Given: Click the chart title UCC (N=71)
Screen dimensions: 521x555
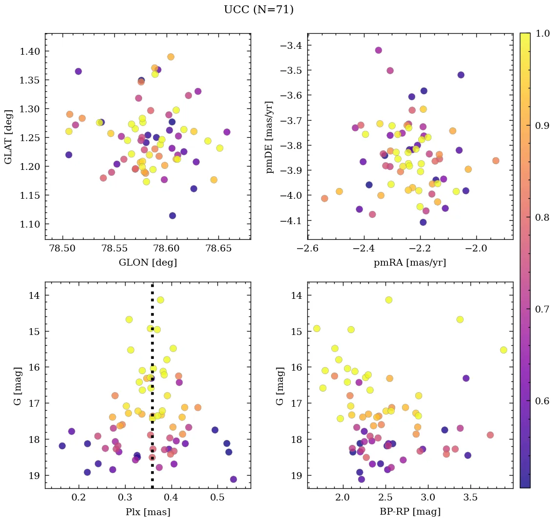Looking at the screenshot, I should tap(258, 10).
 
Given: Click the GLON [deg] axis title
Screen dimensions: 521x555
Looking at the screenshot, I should tap(148, 263).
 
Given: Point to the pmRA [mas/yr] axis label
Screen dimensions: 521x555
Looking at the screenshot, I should tap(409, 263).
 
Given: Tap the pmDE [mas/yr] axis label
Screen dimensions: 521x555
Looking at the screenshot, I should tap(270, 136).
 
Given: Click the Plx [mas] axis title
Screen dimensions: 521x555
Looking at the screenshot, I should tap(148, 512).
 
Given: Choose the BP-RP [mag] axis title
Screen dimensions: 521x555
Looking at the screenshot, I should tap(409, 512).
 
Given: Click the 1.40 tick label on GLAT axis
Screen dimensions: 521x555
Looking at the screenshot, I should tap(30, 51).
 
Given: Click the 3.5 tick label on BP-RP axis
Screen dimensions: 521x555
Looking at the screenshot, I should tap(470, 498).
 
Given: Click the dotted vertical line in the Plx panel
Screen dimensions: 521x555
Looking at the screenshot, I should tap(152, 391).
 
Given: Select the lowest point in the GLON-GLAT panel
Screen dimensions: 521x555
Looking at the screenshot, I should tap(172, 215).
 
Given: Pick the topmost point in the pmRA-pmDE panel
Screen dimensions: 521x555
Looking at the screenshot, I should tap(378, 50).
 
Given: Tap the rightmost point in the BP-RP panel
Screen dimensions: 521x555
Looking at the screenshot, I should tap(504, 350).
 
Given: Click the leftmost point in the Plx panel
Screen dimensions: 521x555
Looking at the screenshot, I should tap(62, 446).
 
